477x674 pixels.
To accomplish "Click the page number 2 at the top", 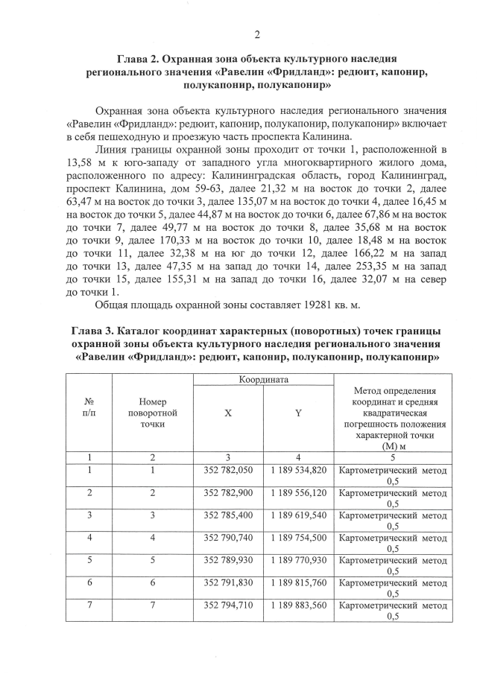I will pos(257,34).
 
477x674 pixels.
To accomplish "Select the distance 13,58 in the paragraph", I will pos(80,161).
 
